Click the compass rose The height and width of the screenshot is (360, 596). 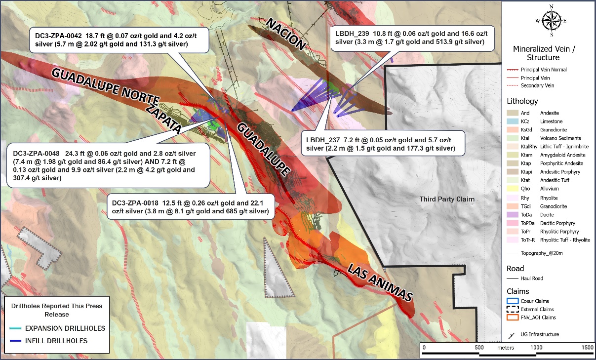[x=551, y=20]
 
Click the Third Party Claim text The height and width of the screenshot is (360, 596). [x=447, y=199]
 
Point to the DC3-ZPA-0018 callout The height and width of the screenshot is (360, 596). [x=190, y=207]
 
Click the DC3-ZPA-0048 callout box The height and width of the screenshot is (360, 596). [x=105, y=164]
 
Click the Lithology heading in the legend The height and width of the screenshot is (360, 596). [x=522, y=101]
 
